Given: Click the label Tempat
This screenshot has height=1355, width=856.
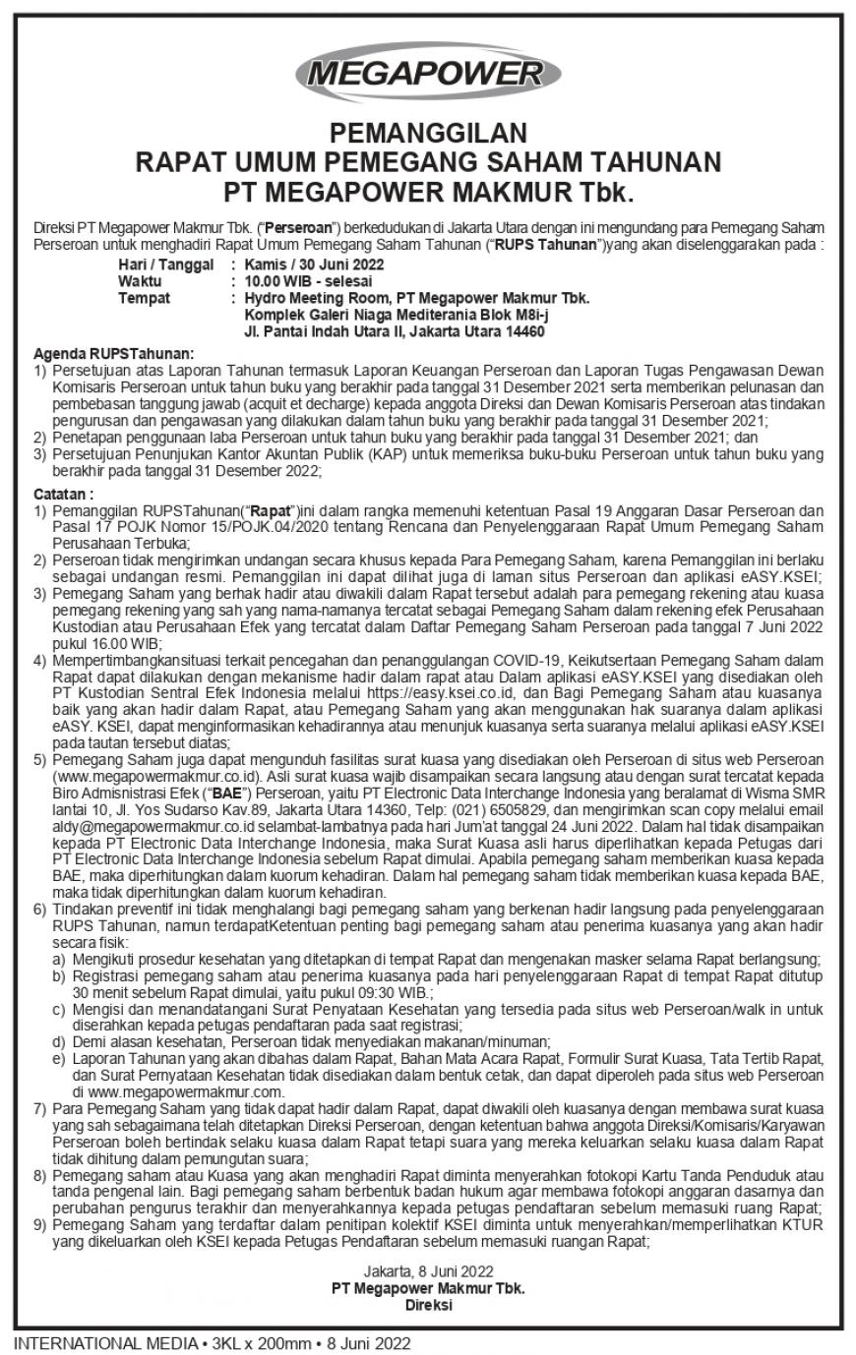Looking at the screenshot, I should point(143,298).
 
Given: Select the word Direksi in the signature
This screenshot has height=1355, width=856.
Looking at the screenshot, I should point(427,1304).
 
